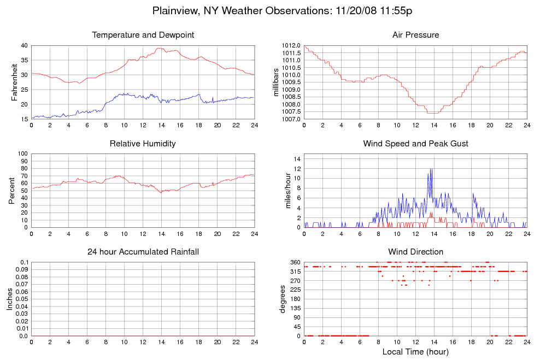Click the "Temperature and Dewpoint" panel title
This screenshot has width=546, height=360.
click(x=143, y=35)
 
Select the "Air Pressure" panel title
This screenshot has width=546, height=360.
click(x=415, y=35)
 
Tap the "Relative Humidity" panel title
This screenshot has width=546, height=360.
click(x=143, y=144)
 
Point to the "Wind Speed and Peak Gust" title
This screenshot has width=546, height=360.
click(x=415, y=144)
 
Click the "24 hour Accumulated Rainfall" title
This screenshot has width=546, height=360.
click(x=143, y=252)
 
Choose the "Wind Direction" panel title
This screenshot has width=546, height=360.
click(x=415, y=252)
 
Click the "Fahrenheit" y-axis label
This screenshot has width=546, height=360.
click(x=15, y=82)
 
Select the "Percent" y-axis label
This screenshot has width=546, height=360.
click(x=12, y=191)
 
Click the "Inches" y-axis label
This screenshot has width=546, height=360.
click(x=9, y=299)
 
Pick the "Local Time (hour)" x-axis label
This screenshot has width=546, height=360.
click(x=415, y=352)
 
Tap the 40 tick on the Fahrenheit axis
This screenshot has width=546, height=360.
click(x=24, y=45)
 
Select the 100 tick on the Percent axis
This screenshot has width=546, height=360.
click(x=22, y=154)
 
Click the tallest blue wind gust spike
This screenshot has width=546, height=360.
click(x=431, y=169)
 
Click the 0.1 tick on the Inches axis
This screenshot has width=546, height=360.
click(x=24, y=262)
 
